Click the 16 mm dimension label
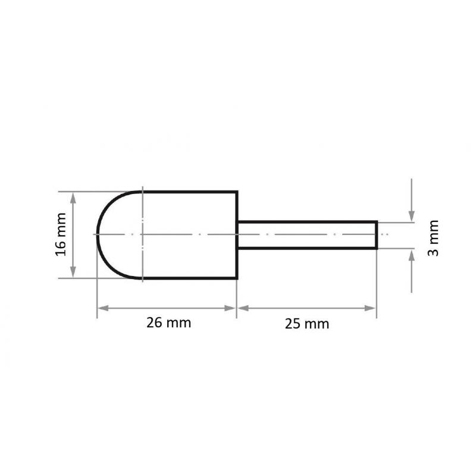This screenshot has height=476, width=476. click(61, 234)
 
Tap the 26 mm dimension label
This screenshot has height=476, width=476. click(168, 324)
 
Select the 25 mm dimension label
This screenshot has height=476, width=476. click(306, 324)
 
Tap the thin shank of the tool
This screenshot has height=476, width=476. click(306, 234)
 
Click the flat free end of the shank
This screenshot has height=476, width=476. click(376, 234)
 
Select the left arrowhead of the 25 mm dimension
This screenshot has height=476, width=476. click(243, 308)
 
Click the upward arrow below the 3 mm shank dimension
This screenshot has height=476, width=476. click(412, 256)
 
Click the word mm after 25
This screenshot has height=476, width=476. click(317, 324)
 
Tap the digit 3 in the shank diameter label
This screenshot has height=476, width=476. click(434, 251)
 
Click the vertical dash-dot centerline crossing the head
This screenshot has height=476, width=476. click(143, 256)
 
